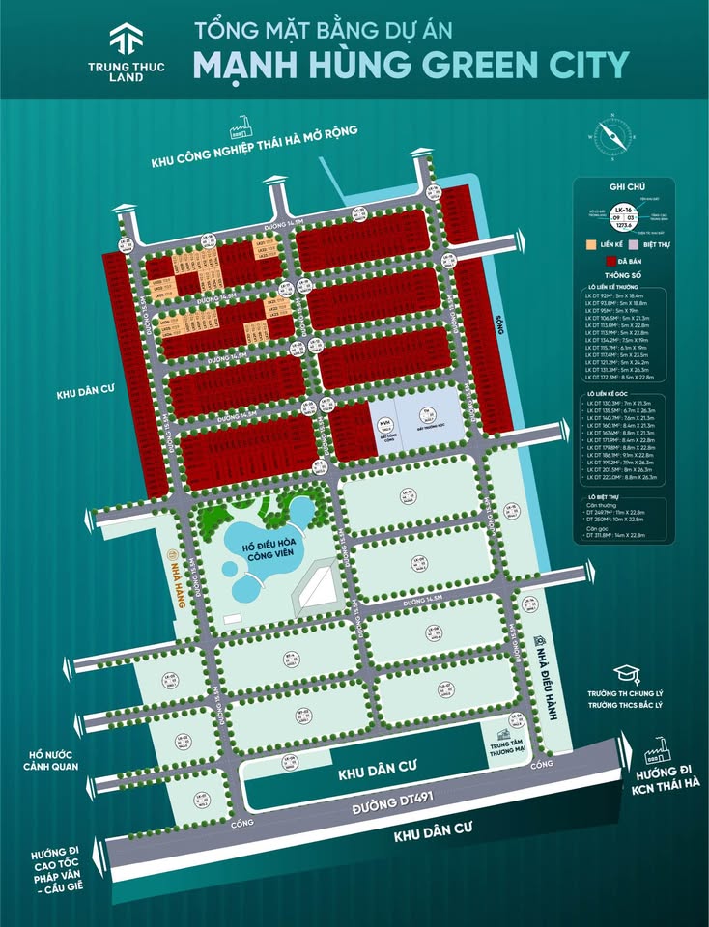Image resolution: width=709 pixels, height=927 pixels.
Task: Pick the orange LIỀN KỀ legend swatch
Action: coord(591,245)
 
